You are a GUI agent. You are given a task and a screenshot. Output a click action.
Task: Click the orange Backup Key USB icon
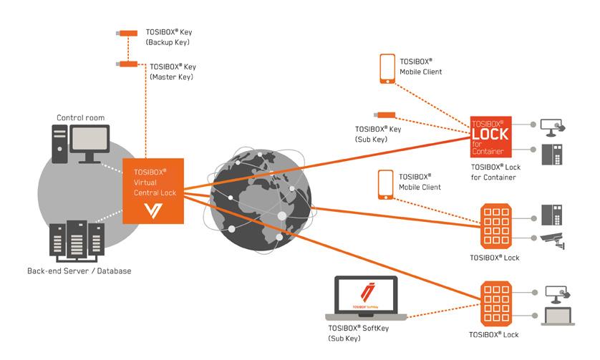point(127,33)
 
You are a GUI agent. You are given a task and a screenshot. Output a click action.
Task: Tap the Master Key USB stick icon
point(127,64)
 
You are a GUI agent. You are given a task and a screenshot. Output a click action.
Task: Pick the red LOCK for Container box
point(488,137)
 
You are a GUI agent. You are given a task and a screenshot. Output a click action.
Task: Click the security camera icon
point(554,240)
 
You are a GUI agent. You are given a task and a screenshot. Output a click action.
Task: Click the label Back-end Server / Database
point(79,271)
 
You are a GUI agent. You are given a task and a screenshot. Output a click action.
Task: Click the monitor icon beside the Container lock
point(554,127)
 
